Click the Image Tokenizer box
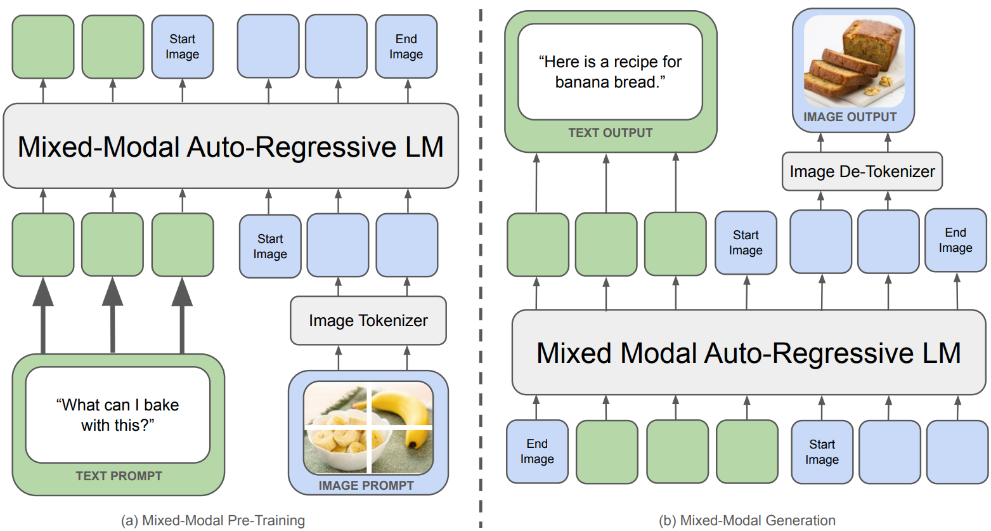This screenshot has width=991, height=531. coord(368,320)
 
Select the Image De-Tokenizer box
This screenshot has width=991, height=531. coord(862,171)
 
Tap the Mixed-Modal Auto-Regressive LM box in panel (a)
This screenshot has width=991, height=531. coord(230,147)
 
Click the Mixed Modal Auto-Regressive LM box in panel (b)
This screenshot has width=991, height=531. coord(748,353)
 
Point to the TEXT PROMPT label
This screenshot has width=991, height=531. coord(119,476)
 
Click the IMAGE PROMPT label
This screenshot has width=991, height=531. coord(366,485)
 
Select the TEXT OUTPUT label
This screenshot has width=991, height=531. coord(610,133)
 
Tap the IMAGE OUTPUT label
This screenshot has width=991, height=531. coord(850,117)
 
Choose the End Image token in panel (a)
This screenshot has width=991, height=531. coord(406,47)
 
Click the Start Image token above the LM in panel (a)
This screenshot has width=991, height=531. coord(182,47)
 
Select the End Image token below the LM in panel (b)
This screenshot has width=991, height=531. coord(536,451)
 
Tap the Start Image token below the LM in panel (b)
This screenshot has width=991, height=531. coord(822,452)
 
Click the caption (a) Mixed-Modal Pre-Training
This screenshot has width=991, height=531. coord(213,521)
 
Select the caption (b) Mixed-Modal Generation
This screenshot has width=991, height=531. coord(747,521)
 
